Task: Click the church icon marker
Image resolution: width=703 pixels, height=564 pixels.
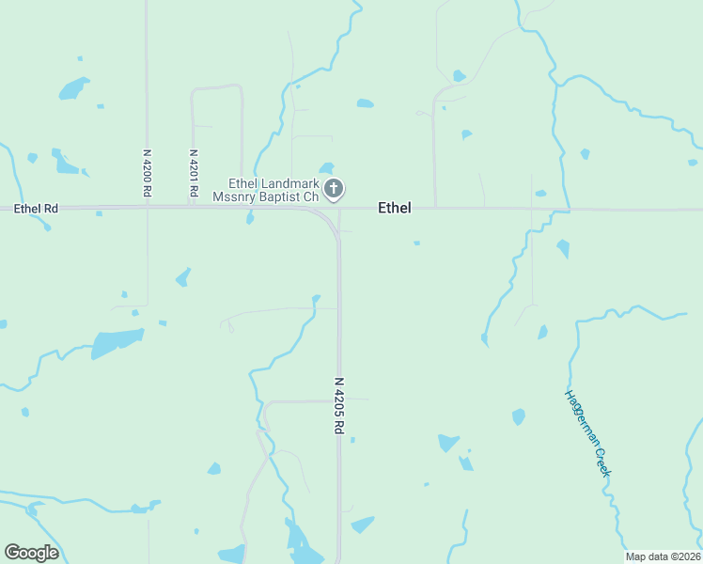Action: tap(333, 190)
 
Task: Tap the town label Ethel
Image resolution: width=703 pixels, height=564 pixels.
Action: tap(394, 208)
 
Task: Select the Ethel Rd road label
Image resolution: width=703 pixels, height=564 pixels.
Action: tap(36, 208)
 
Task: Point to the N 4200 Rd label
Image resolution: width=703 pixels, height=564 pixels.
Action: tap(148, 172)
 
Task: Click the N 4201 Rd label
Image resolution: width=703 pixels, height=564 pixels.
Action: tap(193, 172)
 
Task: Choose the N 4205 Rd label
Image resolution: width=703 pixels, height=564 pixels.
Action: tap(340, 405)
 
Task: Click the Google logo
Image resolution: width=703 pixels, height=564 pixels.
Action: tap(31, 553)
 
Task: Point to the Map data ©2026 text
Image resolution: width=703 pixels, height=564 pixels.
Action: tap(662, 556)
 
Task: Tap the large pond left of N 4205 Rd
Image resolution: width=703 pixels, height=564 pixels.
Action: tap(117, 342)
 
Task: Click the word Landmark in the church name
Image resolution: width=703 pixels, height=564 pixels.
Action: tap(292, 183)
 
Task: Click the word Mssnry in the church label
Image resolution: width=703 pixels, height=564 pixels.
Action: tap(233, 197)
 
